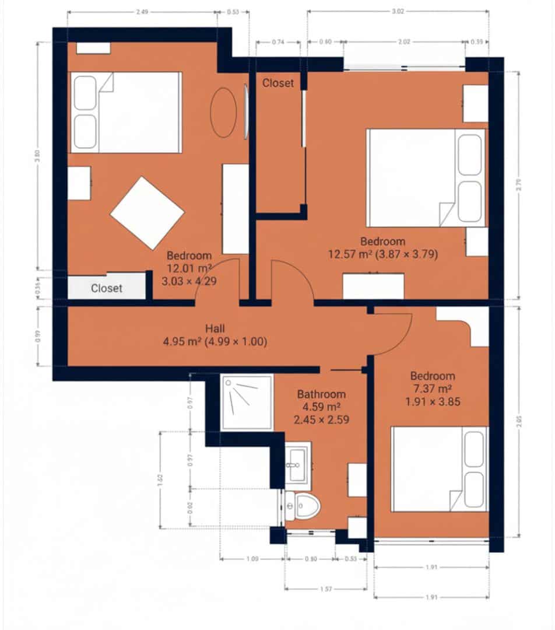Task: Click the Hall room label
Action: [215, 329]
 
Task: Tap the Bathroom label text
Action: [321, 394]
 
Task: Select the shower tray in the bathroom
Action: [247, 402]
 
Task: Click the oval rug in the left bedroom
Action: [223, 112]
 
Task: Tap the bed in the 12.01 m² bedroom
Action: [125, 112]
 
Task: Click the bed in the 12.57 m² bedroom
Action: [426, 178]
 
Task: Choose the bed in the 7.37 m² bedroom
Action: [438, 469]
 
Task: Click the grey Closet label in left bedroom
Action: [107, 288]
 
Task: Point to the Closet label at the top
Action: [278, 83]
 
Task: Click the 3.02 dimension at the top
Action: [398, 11]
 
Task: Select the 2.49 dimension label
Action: [142, 11]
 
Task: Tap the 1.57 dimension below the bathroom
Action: [325, 590]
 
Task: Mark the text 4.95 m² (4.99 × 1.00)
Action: [215, 342]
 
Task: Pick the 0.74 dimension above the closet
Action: [278, 42]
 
